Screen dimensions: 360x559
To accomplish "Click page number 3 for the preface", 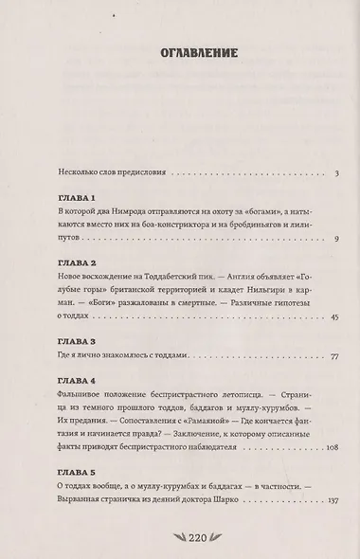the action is point(323,173).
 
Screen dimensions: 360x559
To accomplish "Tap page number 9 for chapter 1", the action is point(322,238).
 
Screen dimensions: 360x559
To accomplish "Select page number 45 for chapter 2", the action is point(320,316).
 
